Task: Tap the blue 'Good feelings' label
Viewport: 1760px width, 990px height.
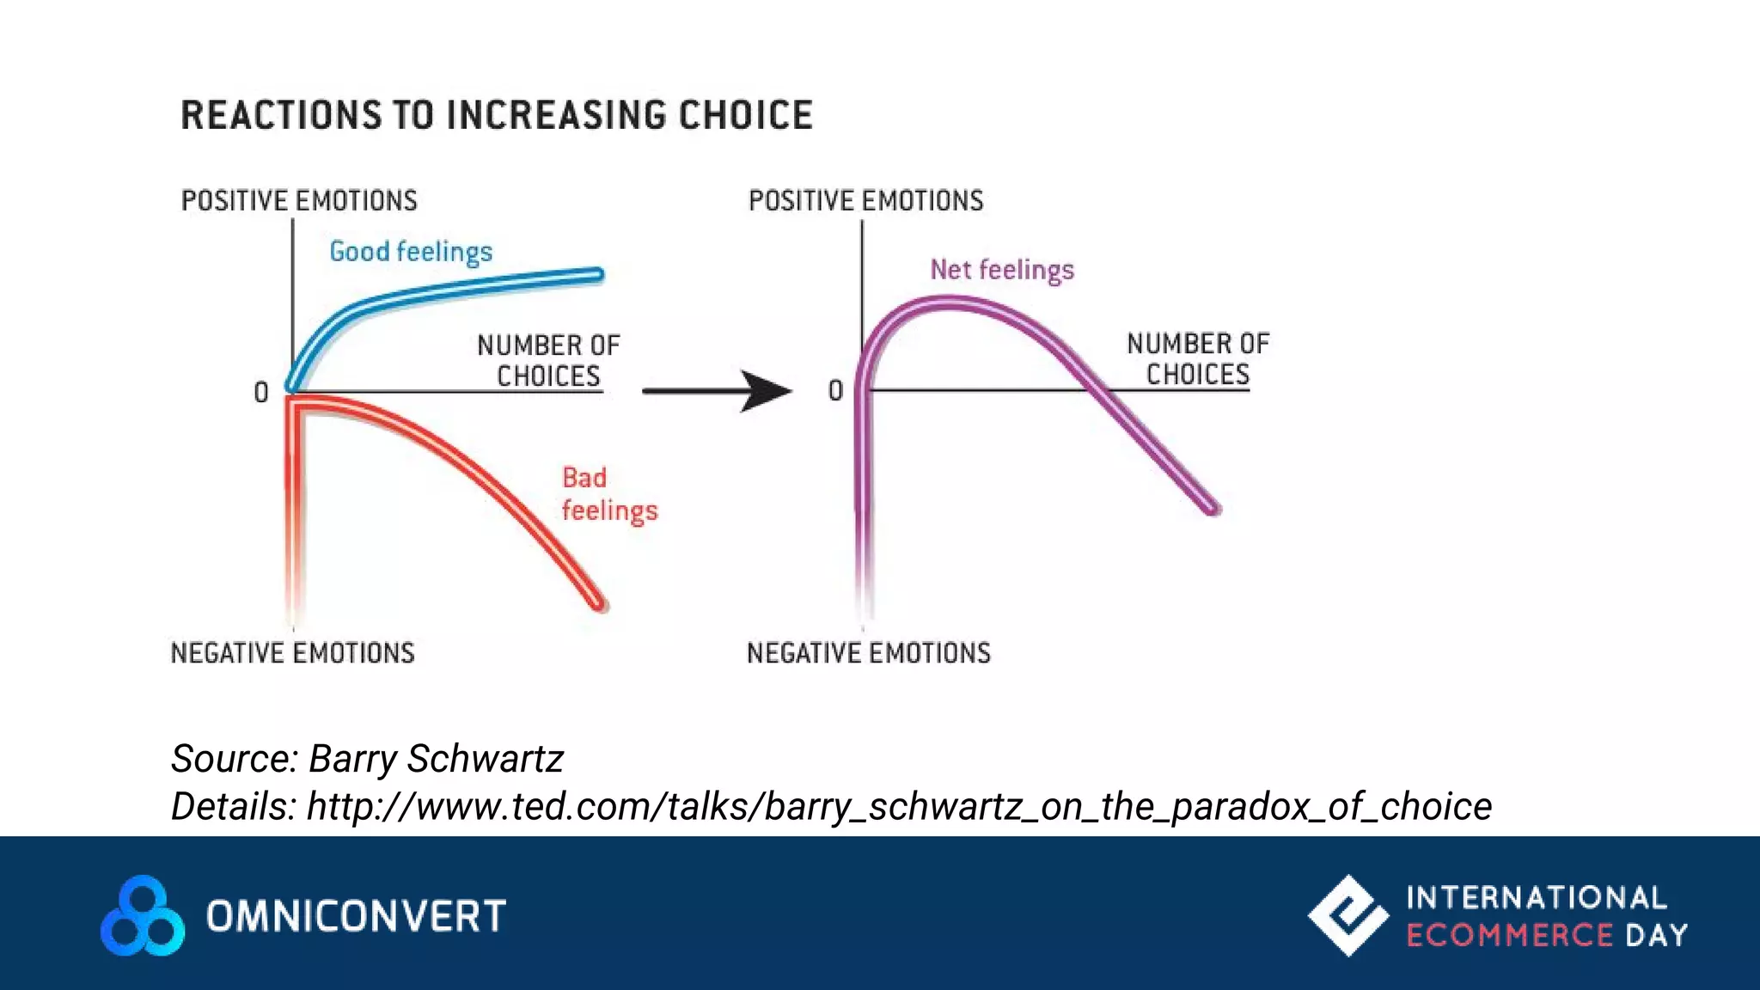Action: point(411,252)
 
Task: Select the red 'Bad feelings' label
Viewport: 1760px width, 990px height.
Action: point(608,494)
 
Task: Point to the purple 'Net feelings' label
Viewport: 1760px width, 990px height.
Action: point(1002,270)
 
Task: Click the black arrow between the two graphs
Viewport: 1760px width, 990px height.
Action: point(718,391)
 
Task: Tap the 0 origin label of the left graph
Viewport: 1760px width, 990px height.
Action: point(261,393)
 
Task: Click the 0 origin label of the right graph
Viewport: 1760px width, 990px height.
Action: point(835,391)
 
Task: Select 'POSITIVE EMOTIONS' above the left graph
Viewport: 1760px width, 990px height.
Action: point(299,200)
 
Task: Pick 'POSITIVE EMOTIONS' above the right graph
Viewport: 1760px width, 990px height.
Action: point(866,200)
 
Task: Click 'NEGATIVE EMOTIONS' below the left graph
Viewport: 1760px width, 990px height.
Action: point(292,653)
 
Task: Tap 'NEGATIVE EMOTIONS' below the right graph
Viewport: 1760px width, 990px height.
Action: point(869,653)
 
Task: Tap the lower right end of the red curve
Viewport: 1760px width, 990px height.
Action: point(599,605)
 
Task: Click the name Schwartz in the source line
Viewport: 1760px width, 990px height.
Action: point(485,759)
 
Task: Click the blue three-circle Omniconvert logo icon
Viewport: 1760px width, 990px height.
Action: point(143,916)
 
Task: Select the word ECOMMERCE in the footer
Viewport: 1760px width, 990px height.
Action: point(1509,935)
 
